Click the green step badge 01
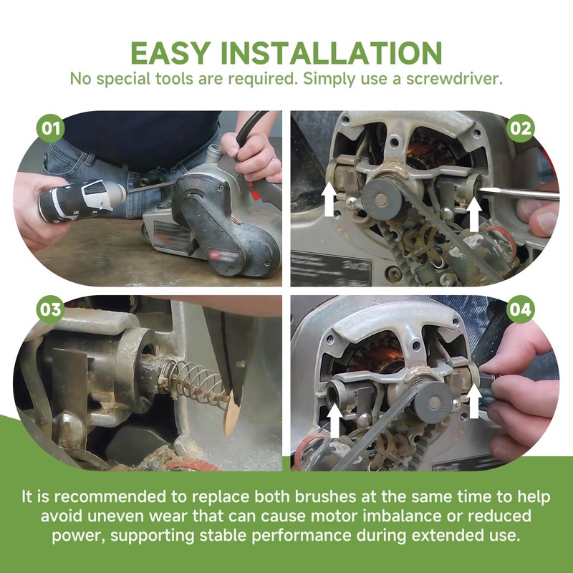50,128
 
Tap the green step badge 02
521,128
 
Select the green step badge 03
50,309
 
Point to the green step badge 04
521,309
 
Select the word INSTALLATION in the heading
332,53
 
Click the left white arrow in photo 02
329,199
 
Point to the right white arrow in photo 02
474,214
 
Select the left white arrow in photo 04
334,420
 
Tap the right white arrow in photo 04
474,400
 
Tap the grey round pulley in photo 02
381,200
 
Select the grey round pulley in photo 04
434,403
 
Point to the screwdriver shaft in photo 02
518,193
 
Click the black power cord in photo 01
250,126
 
